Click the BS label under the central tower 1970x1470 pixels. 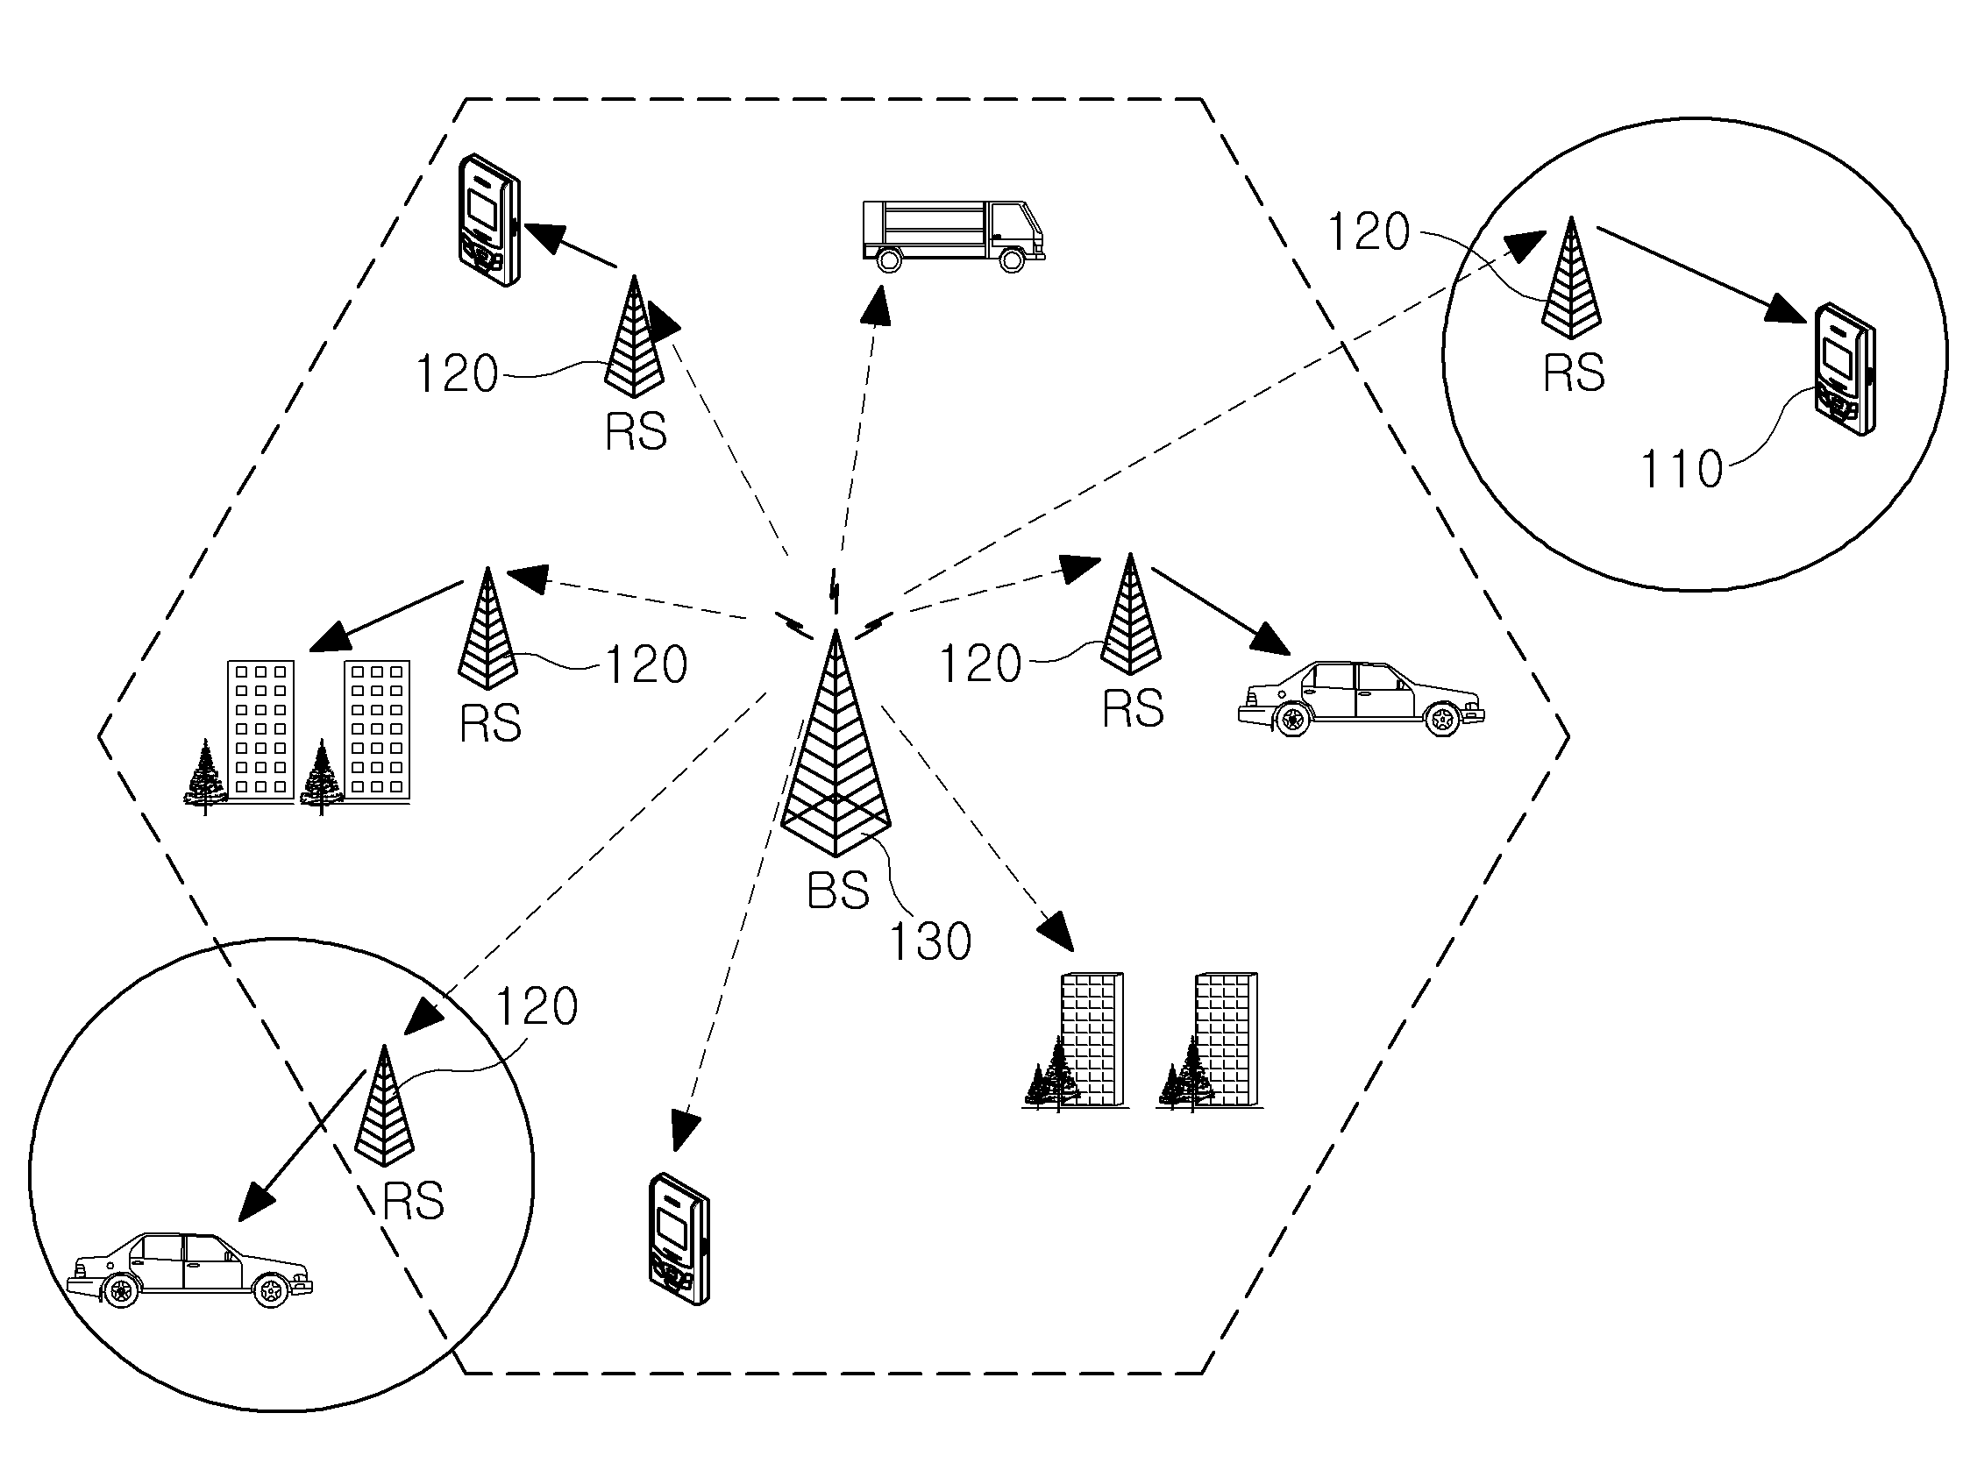pos(837,891)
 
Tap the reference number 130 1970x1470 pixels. pos(931,941)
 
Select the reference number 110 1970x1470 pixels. pos(1682,469)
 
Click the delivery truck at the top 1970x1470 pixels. pos(953,235)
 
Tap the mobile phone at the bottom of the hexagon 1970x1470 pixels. pos(678,1239)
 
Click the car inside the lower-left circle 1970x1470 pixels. pos(189,1270)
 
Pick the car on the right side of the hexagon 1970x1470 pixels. pos(1362,699)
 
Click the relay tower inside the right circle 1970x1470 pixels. pos(1571,278)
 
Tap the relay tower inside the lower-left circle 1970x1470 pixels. pos(384,1106)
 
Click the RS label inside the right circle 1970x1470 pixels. pos(1573,372)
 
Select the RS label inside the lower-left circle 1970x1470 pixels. pos(413,1201)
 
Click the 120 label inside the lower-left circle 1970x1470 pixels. pos(537,1007)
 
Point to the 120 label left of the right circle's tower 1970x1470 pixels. pos(1369,232)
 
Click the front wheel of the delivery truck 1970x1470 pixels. pos(1013,259)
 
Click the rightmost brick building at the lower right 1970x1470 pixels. pos(1226,1040)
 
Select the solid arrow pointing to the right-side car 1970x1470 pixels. pos(1220,611)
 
